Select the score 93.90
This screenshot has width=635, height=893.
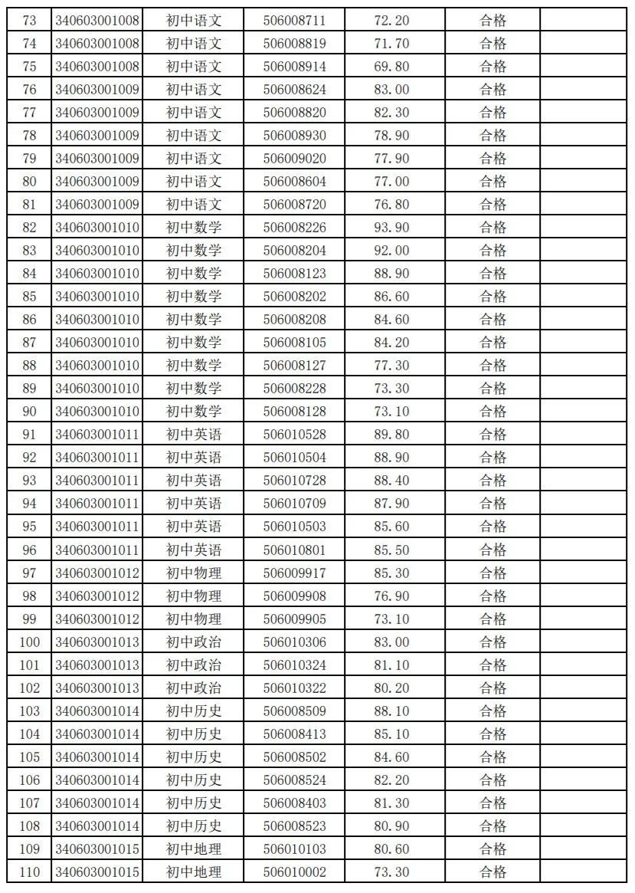point(391,228)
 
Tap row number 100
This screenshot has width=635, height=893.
point(30,642)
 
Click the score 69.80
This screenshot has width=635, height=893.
point(391,67)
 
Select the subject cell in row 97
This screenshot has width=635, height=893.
point(194,573)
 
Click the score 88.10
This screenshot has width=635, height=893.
point(391,711)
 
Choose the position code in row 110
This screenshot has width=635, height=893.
point(97,872)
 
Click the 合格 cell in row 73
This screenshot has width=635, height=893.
point(493,21)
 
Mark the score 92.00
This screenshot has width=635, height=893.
point(391,251)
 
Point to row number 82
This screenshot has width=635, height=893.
point(30,228)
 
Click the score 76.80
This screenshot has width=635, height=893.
point(391,205)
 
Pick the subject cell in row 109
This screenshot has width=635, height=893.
point(194,849)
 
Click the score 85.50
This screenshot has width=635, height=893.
point(391,550)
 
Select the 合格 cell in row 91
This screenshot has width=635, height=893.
point(493,435)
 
